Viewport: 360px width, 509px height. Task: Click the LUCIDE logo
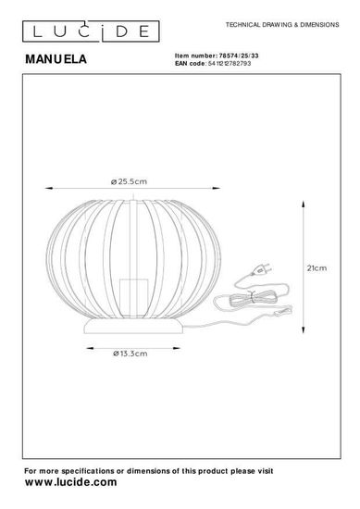tap(91, 31)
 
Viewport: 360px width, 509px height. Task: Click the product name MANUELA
tap(56, 59)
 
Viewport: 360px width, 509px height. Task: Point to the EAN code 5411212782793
tap(230, 63)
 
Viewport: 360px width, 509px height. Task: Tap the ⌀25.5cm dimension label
tap(129, 181)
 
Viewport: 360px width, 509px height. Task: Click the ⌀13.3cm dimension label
tap(130, 354)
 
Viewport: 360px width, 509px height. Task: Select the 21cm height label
tap(317, 268)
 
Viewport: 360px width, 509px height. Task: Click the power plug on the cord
tap(261, 269)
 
